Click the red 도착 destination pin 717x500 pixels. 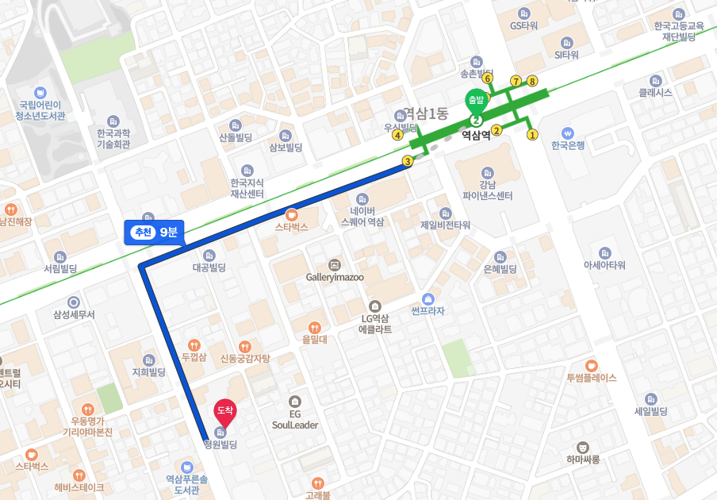(225, 410)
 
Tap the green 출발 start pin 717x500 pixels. (476, 101)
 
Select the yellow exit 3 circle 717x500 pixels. (408, 162)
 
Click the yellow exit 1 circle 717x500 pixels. (532, 134)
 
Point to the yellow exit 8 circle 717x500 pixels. (532, 81)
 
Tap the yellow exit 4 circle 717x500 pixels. (397, 134)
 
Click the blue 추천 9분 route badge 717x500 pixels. (154, 232)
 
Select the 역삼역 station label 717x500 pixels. (476, 136)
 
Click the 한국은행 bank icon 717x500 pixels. (568, 133)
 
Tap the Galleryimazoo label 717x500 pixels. (335, 277)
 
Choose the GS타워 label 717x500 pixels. (523, 25)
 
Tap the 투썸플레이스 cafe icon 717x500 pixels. (592, 364)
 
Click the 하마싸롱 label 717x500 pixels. (584, 460)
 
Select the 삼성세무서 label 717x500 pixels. (74, 314)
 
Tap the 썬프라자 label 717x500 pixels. (428, 310)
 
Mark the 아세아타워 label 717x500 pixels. (604, 265)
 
